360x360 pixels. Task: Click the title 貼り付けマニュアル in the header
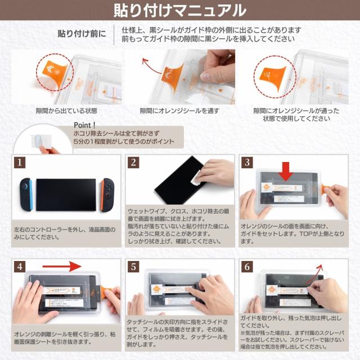(x=179, y=11)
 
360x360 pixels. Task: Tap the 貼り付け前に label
(x=81, y=33)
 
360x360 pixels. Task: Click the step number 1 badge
(x=20, y=163)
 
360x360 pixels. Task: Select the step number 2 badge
(x=133, y=163)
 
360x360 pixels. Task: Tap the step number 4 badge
(x=20, y=267)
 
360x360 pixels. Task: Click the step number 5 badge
(x=133, y=267)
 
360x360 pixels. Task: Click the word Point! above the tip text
(x=85, y=124)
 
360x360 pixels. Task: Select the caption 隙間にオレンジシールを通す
(x=179, y=111)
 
